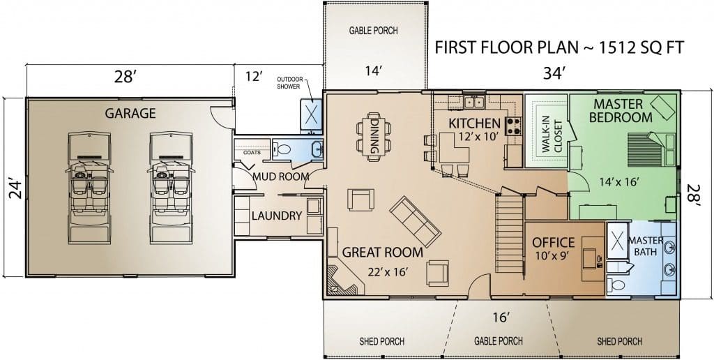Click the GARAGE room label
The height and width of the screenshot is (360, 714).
(x=130, y=113)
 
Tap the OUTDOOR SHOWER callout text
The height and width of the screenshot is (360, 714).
(x=288, y=83)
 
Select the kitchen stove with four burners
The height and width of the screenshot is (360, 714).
(x=514, y=126)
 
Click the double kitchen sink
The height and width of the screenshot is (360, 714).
(x=474, y=102)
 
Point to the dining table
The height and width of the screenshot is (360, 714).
(x=374, y=137)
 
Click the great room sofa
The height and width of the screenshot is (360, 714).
(x=415, y=221)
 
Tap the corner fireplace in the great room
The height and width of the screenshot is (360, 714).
(x=344, y=278)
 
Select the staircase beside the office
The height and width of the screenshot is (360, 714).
(x=509, y=234)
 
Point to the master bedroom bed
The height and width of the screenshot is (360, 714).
(x=651, y=149)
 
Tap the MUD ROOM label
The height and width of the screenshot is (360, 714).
(x=280, y=177)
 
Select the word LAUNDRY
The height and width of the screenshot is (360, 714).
(x=277, y=216)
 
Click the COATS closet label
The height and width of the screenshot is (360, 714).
(x=252, y=152)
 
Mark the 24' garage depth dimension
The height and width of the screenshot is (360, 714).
(x=15, y=190)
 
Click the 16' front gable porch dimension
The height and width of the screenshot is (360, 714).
(x=501, y=317)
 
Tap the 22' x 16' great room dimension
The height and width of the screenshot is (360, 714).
(x=387, y=272)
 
